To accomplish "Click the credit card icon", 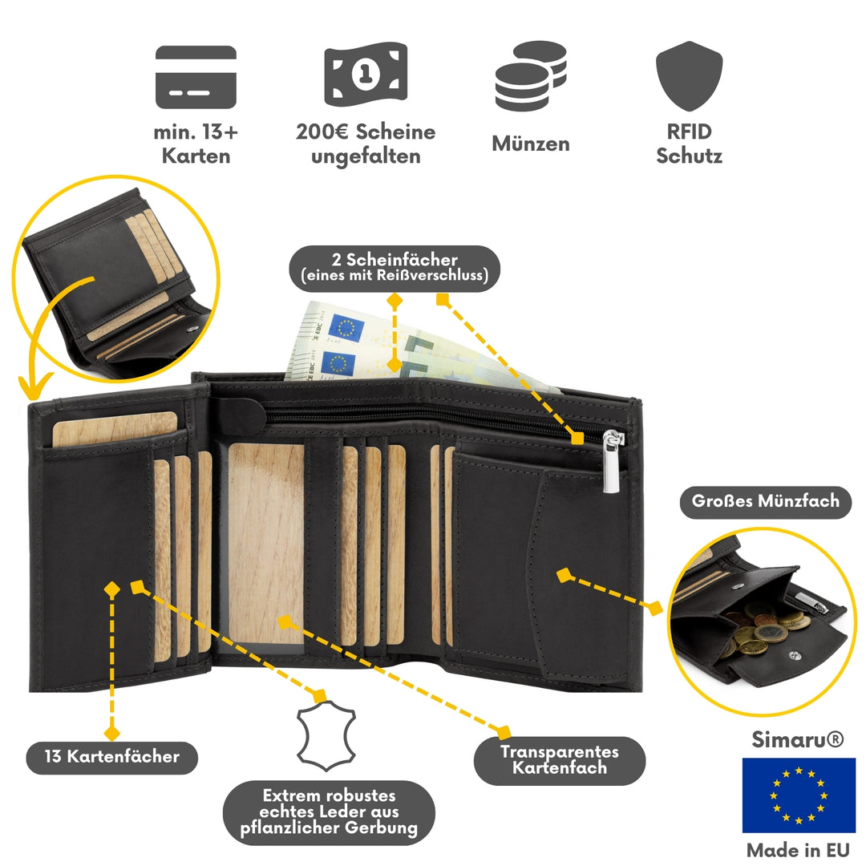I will click(196, 77).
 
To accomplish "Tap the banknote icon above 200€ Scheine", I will click(364, 75).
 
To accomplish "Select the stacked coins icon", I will click(531, 76).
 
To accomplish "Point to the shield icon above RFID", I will click(689, 75).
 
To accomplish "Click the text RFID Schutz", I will click(689, 144).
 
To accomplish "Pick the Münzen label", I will click(531, 144).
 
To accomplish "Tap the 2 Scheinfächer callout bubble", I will click(395, 268).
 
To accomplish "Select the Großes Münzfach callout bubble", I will click(765, 501).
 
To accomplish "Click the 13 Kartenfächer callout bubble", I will click(111, 755).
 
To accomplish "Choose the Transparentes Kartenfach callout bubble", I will click(560, 759).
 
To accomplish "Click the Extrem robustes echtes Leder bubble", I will click(329, 812).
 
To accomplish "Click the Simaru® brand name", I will click(798, 740).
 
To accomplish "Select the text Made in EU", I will click(798, 849).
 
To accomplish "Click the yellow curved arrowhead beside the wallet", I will click(31, 390).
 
